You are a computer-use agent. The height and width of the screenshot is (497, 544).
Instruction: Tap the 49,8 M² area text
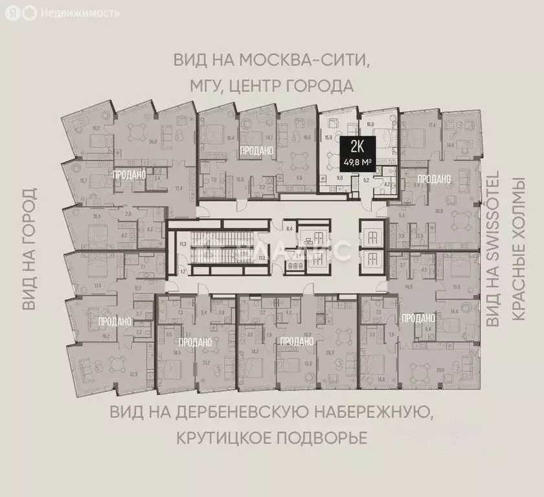[x=358, y=162]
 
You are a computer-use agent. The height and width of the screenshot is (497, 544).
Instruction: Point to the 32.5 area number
[x=134, y=373]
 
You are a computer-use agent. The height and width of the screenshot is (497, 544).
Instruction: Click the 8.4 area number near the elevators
[x=290, y=228]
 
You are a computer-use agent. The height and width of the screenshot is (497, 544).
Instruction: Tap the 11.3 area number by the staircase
[x=183, y=244]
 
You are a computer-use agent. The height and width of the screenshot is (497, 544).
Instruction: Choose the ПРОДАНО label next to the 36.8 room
[x=433, y=178]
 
